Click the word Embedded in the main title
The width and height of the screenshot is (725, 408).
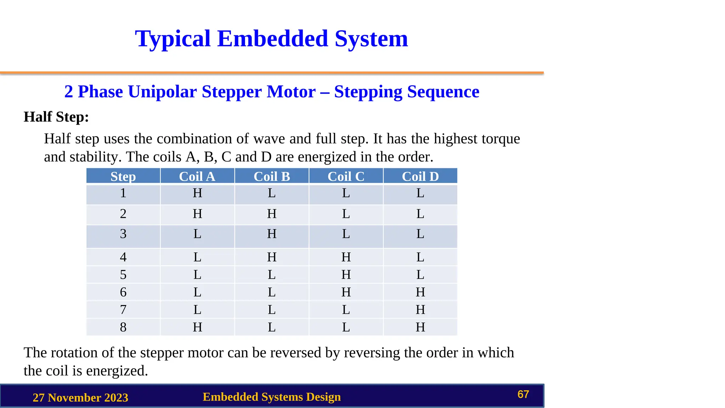[x=272, y=39]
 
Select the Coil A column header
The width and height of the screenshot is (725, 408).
[x=197, y=176]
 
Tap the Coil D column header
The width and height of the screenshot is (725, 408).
[x=420, y=176]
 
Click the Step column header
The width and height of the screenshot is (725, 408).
[x=123, y=176]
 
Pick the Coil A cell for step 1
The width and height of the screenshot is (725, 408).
[x=197, y=193]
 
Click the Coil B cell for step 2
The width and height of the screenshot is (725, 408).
[x=272, y=214]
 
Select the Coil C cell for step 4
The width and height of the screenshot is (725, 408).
[x=346, y=257]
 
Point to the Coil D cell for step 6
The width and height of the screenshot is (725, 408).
[x=420, y=292]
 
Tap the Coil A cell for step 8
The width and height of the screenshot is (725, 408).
[x=197, y=327]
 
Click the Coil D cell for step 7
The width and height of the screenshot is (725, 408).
[x=420, y=310]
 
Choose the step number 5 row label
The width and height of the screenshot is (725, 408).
[x=123, y=275]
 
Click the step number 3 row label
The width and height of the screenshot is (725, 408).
[x=123, y=234]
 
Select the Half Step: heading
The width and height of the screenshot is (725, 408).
[x=56, y=117]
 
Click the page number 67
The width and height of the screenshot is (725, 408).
[x=523, y=394]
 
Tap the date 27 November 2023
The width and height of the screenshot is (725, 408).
[x=80, y=398]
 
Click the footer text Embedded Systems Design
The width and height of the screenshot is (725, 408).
[x=272, y=397]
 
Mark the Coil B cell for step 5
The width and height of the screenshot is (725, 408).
[x=272, y=275]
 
